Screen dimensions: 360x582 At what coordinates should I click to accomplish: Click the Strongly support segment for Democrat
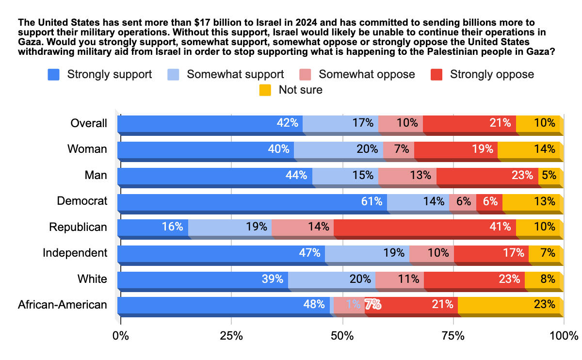tap(252, 201)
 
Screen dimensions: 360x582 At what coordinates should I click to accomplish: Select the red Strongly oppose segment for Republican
tap(424, 227)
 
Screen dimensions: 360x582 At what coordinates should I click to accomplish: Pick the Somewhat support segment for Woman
tap(338, 149)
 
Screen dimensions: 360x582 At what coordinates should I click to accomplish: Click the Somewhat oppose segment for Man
tap(407, 175)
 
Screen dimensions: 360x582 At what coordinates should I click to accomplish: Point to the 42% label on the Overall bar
tap(287, 123)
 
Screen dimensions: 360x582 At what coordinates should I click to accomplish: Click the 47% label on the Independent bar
tap(309, 253)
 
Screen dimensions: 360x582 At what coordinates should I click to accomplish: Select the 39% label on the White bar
tap(273, 279)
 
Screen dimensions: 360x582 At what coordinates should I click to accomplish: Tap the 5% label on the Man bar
tap(549, 175)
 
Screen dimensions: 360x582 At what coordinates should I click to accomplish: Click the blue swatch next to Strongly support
tap(53, 74)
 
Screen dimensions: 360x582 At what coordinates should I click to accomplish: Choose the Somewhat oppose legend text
tap(367, 74)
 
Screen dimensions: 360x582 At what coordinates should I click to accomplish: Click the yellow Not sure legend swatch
tap(265, 90)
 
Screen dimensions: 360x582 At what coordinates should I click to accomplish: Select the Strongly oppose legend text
tap(492, 74)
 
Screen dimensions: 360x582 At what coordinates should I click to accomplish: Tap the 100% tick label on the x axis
tap(564, 336)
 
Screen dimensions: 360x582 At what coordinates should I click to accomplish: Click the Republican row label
tap(78, 227)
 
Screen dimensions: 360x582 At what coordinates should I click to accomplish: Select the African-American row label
tap(63, 305)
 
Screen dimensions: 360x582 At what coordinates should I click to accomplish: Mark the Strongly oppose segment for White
tap(474, 279)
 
